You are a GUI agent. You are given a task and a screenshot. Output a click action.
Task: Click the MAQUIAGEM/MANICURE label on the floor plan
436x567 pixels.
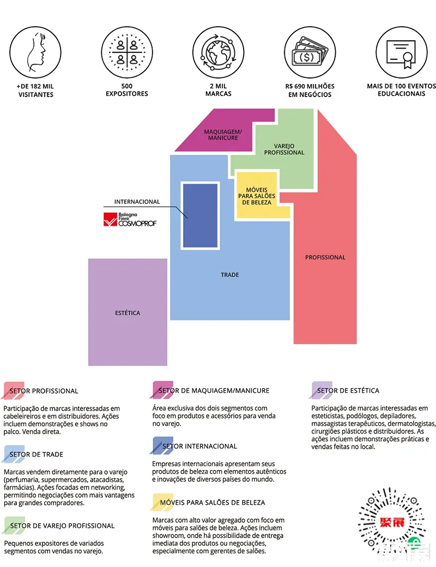(222, 135)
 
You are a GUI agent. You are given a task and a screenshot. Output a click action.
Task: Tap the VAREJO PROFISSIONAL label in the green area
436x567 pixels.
(284, 149)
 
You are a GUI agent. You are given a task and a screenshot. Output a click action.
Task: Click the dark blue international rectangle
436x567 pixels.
(201, 215)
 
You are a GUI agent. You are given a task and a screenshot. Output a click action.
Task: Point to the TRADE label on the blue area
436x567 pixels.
(230, 275)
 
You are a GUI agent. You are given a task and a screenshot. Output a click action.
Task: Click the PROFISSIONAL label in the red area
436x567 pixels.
(325, 257)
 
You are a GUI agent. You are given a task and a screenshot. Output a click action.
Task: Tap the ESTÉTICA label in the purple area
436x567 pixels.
(128, 313)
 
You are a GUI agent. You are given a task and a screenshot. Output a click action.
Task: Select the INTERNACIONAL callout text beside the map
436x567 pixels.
(137, 202)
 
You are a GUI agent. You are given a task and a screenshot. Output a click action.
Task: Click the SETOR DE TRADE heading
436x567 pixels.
(37, 454)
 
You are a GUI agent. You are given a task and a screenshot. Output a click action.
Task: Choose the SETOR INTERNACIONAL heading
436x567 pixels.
(199, 446)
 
